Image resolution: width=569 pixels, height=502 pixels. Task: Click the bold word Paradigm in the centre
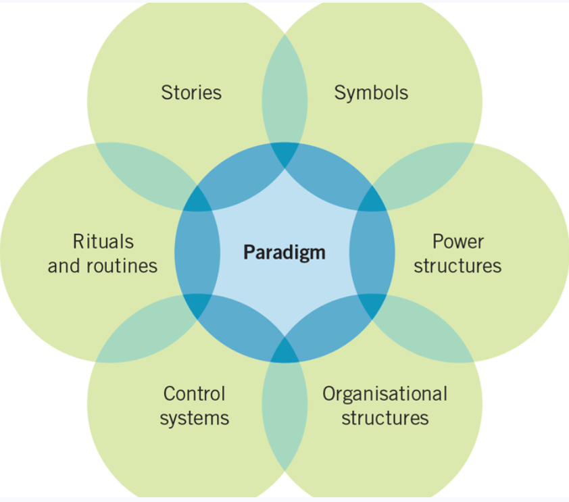click(284, 253)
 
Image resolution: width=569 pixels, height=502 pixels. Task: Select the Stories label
click(191, 92)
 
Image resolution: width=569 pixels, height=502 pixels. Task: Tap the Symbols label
click(371, 92)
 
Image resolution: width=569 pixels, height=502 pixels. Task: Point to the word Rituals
click(103, 241)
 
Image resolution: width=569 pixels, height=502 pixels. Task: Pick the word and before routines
click(64, 266)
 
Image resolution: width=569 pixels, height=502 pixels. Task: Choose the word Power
click(458, 241)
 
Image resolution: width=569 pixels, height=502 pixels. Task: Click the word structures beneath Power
click(457, 266)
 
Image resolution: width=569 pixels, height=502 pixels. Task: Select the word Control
click(194, 393)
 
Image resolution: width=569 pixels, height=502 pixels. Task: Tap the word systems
click(194, 418)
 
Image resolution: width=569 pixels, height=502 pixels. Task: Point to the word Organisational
click(385, 393)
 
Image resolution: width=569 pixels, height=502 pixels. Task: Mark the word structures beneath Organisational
click(385, 418)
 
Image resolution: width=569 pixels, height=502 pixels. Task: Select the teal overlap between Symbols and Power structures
click(419, 172)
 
